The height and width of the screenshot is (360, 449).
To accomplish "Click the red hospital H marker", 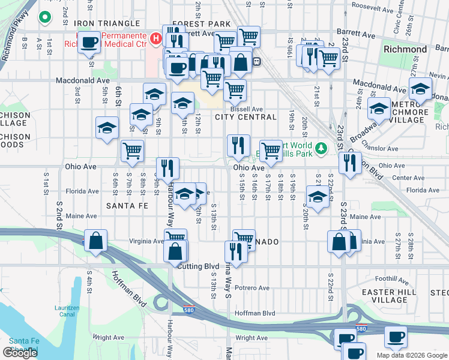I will [156, 39].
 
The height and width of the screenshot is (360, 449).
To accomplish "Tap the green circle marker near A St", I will [44, 17].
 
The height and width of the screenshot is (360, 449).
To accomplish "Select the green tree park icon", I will [321, 148].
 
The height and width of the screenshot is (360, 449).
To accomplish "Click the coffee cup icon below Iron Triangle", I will [90, 43].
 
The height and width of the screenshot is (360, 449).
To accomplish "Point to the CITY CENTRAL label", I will [246, 117].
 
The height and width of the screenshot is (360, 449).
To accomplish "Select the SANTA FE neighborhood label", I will [127, 205].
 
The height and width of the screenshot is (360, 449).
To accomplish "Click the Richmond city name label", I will [405, 49].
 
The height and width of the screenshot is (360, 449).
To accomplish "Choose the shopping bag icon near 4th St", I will [96, 241].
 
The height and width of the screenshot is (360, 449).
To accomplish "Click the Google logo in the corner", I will [20, 353].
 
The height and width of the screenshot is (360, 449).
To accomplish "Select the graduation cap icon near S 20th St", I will [318, 196].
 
